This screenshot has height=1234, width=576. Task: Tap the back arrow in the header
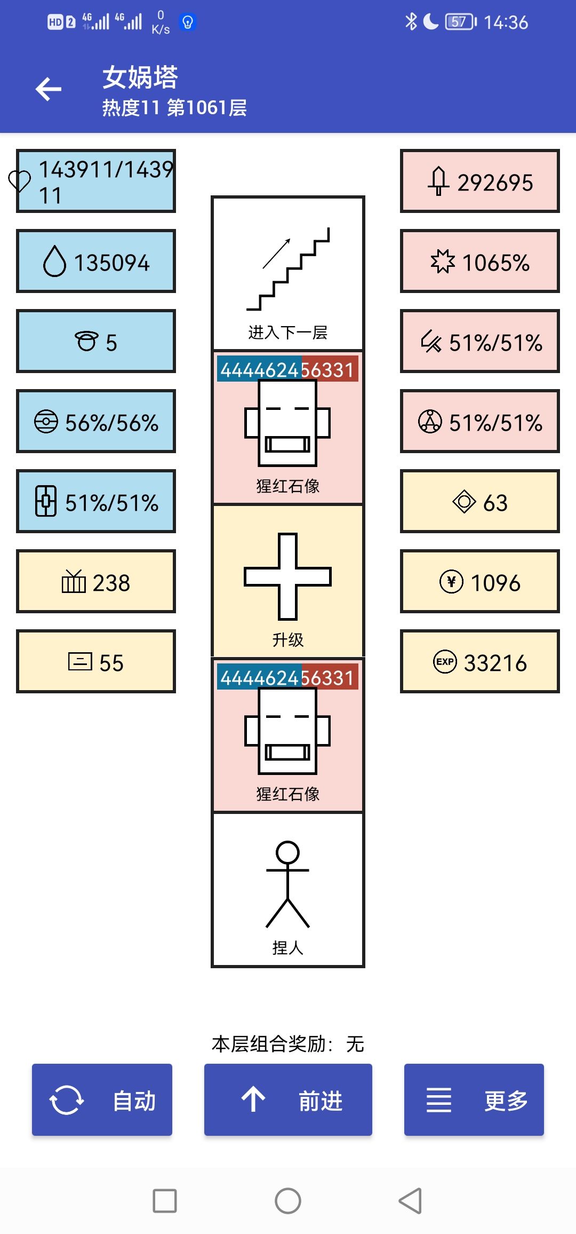pyautogui.click(x=49, y=89)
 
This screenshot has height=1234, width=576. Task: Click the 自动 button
pyautogui.click(x=102, y=1099)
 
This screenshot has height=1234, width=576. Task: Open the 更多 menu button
pyautogui.click(x=474, y=1099)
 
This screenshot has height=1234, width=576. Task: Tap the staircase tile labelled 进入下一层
pyautogui.click(x=288, y=273)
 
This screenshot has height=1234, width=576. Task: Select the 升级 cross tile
pyautogui.click(x=288, y=581)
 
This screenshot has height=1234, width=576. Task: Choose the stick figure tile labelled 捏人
pyautogui.click(x=288, y=890)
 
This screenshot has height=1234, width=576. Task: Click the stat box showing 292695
pyautogui.click(x=480, y=181)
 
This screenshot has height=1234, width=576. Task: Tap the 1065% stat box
pyautogui.click(x=480, y=262)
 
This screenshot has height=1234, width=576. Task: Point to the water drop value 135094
pyautogui.click(x=96, y=262)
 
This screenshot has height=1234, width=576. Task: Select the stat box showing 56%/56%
pyautogui.click(x=96, y=422)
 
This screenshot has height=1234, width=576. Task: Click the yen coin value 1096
pyautogui.click(x=480, y=582)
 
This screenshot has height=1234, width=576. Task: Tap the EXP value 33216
pyautogui.click(x=480, y=662)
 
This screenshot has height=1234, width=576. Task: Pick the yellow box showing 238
pyautogui.click(x=96, y=582)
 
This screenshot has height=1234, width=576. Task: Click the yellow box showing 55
pyautogui.click(x=96, y=662)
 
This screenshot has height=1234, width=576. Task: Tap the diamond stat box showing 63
pyautogui.click(x=480, y=502)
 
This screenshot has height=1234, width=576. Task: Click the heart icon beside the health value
pyautogui.click(x=20, y=181)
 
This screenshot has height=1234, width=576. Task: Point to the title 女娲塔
pyautogui.click(x=140, y=77)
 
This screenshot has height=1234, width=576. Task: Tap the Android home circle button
pyautogui.click(x=288, y=1201)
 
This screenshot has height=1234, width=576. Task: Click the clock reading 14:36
pyautogui.click(x=506, y=22)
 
